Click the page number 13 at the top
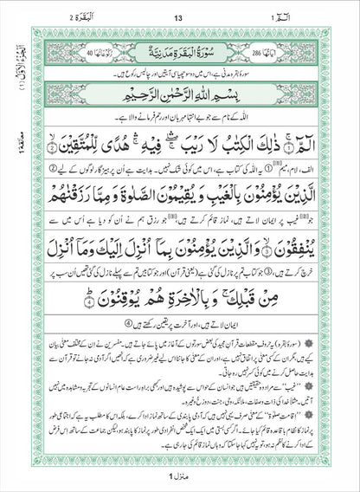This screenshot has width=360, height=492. [x=179, y=18]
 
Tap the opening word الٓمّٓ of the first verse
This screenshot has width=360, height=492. [x=311, y=132]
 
